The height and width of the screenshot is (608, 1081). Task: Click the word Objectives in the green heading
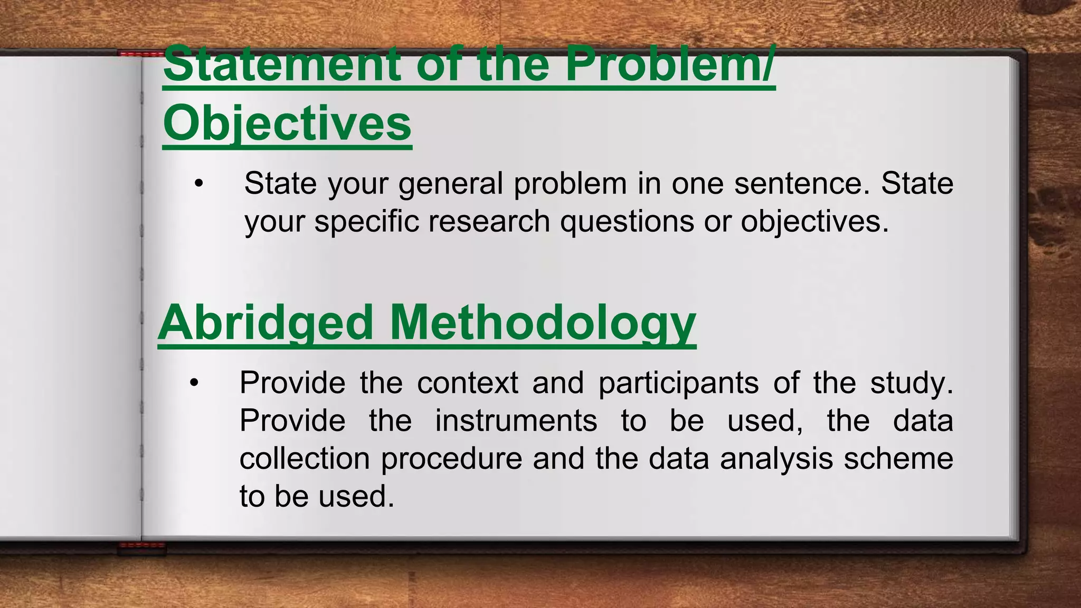287,123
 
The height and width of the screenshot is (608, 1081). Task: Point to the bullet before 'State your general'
198,184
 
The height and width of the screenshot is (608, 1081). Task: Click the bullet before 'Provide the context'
194,383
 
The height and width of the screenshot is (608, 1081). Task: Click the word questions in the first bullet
627,221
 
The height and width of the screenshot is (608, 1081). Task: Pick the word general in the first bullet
451,184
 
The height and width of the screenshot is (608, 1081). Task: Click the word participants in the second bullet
678,383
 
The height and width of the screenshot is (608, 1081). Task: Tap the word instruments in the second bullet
516,421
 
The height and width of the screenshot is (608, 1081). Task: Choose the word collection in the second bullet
305,458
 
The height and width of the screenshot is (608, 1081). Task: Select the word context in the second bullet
468,383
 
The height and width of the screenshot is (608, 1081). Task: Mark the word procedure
452,458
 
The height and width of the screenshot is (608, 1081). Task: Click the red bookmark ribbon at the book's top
140,54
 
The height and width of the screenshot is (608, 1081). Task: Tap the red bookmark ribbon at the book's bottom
141,547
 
